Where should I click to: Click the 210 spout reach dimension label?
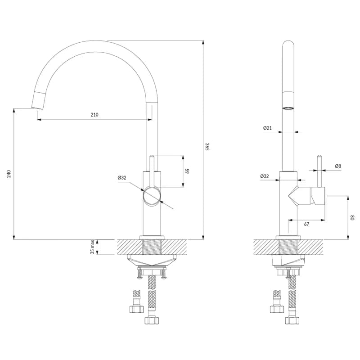pos(94,115)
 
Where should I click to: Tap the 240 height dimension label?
pos(9,174)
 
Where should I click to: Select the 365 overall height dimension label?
pos(207,147)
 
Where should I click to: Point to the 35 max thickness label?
pos(93,247)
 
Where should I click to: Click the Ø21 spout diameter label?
pos(268,128)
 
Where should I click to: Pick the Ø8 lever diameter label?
pos(338,166)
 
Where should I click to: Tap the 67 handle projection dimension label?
pos(306,224)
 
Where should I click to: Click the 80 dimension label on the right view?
pos(353,217)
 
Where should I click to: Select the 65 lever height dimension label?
pos(187,171)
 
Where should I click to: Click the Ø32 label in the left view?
pos(122,177)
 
